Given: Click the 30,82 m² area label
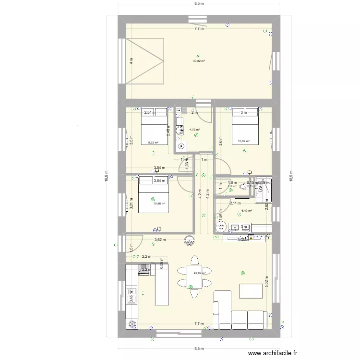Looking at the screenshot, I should [x=199, y=61].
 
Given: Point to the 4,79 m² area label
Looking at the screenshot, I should [x=194, y=129].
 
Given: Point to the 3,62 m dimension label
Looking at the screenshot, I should [x=160, y=240].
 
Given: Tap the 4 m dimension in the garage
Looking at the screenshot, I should [x=130, y=61].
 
